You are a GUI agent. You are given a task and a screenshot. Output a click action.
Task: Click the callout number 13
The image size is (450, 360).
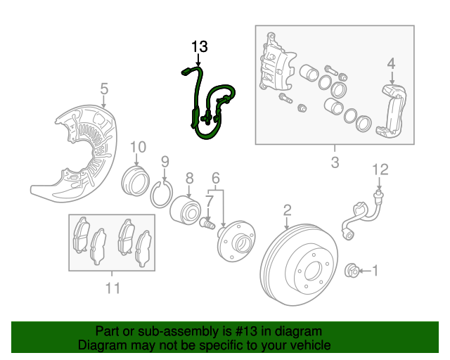tap(200, 47)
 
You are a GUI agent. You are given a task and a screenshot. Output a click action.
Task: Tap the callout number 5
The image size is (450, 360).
tap(103, 89)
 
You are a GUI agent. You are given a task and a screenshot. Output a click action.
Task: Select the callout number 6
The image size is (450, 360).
tap(216, 179)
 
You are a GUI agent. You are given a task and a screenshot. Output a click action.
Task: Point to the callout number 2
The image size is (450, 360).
tap(287, 210)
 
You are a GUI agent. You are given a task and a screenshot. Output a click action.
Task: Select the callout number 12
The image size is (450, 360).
tap(380, 169)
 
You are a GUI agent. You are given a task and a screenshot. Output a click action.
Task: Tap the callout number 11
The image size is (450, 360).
tap(112, 288)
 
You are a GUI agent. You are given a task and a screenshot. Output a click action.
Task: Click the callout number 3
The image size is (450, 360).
tap(335, 163)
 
